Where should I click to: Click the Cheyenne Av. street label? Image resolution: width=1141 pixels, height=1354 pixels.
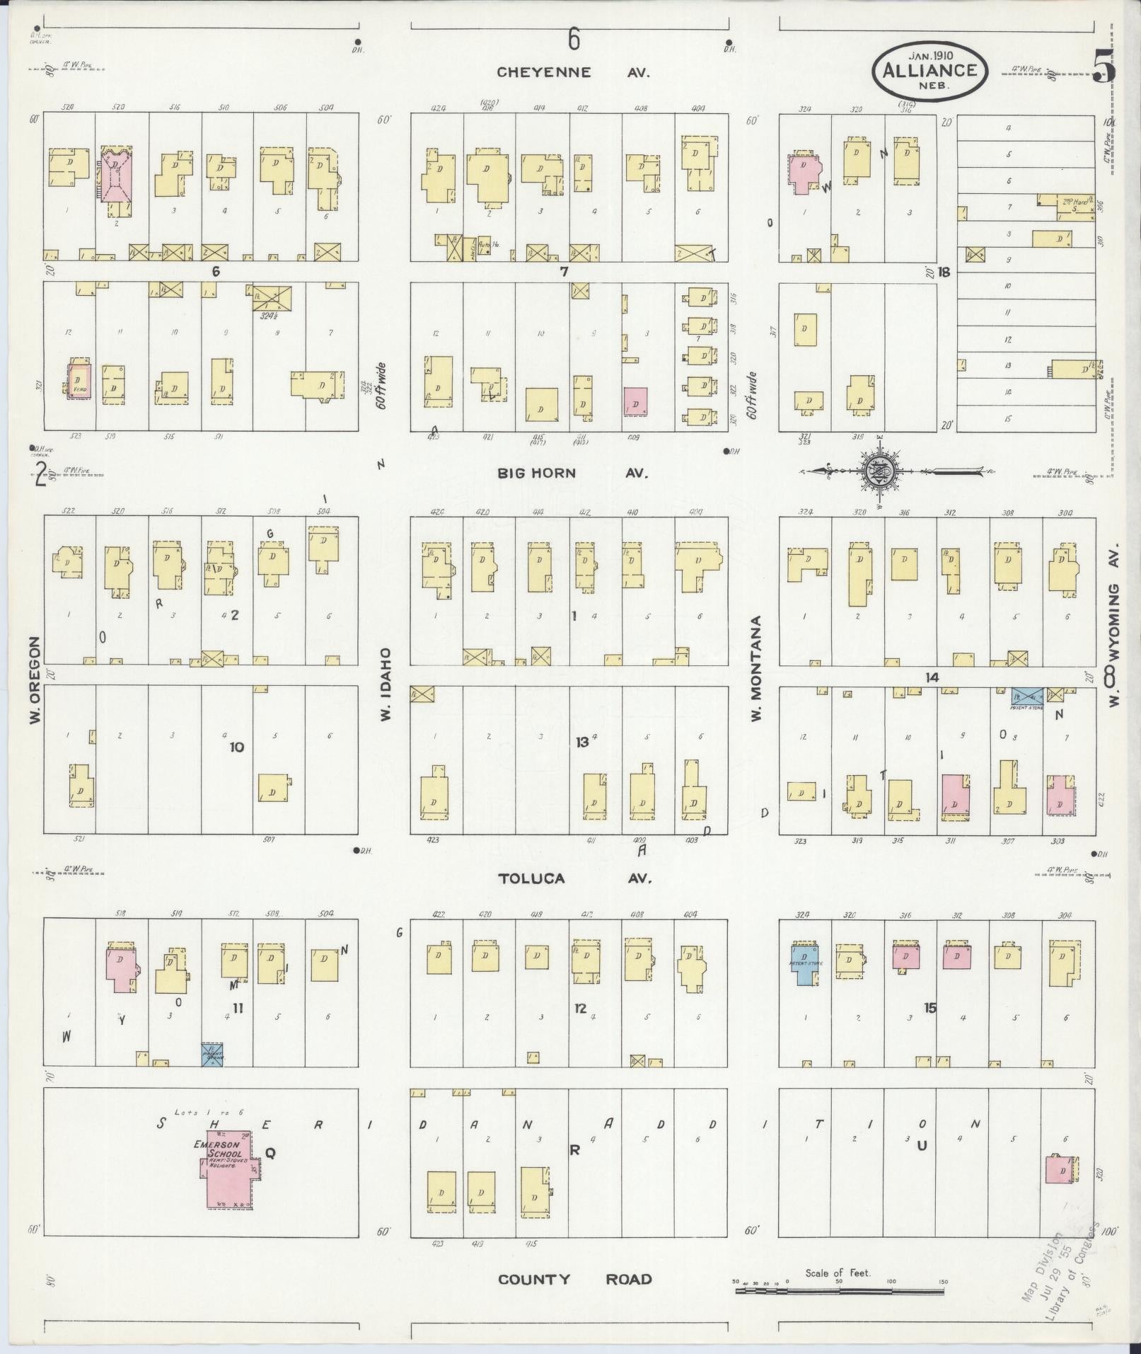(x=572, y=72)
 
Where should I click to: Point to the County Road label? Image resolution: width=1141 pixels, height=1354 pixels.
(x=574, y=1279)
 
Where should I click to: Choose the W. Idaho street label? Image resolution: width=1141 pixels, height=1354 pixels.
(x=386, y=684)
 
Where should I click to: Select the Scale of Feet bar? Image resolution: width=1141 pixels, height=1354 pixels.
(x=839, y=1290)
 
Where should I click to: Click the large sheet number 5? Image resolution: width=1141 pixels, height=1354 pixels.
(x=1104, y=67)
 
